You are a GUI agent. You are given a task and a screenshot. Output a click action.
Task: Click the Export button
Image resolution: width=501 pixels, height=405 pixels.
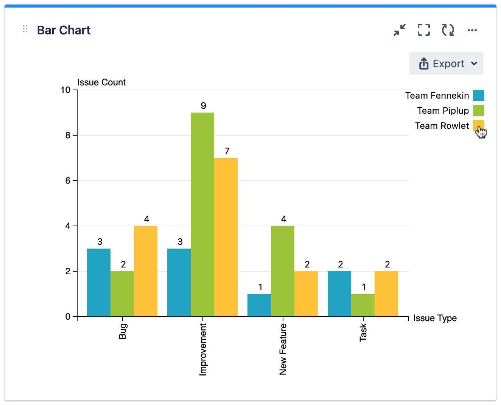click(x=447, y=63)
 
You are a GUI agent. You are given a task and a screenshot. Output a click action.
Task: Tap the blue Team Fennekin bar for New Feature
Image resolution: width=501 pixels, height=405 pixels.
click(x=259, y=305)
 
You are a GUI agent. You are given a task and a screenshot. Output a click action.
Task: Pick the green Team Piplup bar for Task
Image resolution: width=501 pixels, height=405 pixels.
click(x=363, y=305)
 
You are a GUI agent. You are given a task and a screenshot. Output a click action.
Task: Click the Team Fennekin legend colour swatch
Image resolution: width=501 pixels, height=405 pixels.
click(x=479, y=96)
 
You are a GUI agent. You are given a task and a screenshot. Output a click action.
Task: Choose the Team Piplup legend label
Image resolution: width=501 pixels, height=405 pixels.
click(x=443, y=111)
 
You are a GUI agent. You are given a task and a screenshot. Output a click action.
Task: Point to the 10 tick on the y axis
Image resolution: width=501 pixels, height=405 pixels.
click(x=65, y=90)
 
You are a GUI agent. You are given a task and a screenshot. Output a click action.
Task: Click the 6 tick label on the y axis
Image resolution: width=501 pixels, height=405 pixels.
click(x=68, y=181)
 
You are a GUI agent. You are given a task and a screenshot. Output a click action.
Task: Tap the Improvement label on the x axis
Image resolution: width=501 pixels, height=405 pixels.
click(x=203, y=349)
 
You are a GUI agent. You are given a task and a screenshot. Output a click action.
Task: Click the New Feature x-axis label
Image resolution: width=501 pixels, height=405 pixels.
click(x=283, y=349)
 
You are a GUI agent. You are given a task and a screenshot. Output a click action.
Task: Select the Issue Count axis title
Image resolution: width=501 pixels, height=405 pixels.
click(x=101, y=82)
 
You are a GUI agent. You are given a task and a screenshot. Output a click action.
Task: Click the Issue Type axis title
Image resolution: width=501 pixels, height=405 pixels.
click(x=435, y=318)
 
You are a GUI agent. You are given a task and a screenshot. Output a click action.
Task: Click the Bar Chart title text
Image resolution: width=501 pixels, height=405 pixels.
click(x=64, y=30)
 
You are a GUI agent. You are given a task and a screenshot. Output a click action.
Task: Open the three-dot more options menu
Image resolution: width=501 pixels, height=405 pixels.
click(x=472, y=30)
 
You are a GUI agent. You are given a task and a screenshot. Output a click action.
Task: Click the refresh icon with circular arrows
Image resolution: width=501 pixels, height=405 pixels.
click(x=448, y=30)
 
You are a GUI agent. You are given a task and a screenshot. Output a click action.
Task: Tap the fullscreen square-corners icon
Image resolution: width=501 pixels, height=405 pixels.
click(x=424, y=30)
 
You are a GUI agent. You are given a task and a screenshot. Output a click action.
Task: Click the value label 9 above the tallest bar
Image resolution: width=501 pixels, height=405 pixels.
click(x=204, y=106)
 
